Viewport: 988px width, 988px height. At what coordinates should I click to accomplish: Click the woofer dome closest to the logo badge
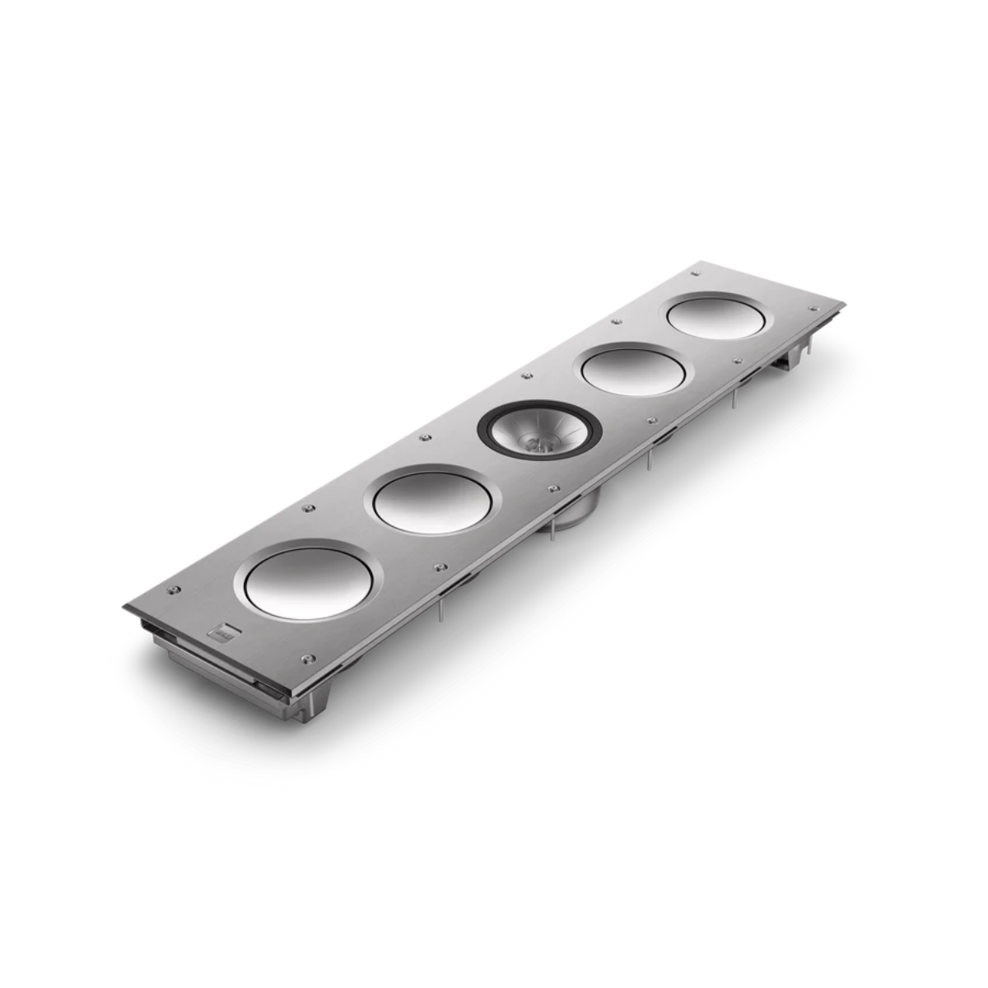point(310,580)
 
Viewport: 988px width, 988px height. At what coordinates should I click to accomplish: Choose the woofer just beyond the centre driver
point(633,371)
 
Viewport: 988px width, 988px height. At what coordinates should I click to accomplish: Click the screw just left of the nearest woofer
point(173,590)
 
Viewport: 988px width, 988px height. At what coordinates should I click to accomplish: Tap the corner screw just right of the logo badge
point(309,658)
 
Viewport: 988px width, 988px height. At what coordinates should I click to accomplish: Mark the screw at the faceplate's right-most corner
point(828,306)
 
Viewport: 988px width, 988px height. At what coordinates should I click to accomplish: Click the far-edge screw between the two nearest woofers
point(308,509)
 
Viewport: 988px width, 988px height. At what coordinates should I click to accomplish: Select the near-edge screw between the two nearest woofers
point(440,567)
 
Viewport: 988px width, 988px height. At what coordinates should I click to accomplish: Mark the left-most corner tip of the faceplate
point(124,608)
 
